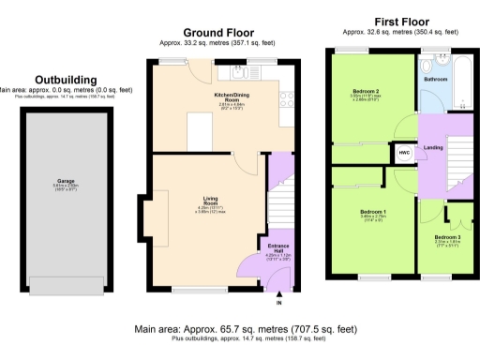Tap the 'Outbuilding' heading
[65, 81]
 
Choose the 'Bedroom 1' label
[372, 212]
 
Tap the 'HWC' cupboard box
[405, 152]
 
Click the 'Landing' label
[433, 147]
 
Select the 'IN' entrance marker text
[278, 304]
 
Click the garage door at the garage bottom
[67, 284]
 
